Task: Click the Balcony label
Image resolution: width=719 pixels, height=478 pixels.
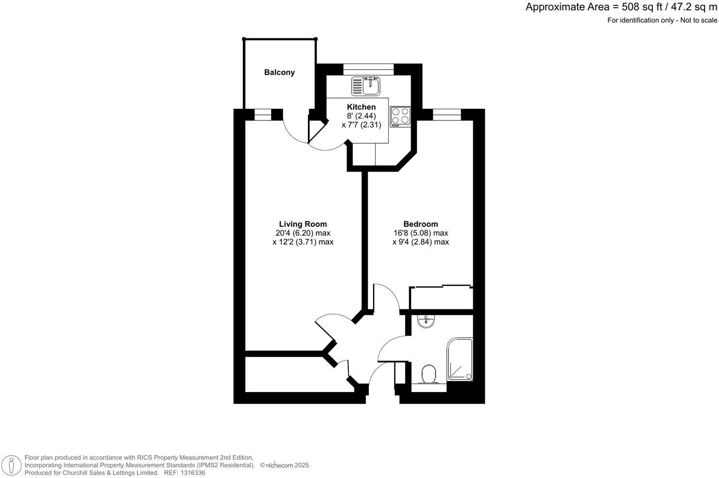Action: click(279, 72)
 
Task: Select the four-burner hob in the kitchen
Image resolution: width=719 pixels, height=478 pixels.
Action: click(401, 116)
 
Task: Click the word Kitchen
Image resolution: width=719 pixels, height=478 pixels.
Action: click(361, 107)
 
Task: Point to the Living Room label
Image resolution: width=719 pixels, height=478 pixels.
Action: click(302, 224)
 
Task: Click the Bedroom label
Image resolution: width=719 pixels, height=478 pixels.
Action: click(421, 224)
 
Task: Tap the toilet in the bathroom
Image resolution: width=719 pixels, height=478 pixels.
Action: click(428, 374)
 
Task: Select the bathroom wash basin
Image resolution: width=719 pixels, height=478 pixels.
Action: click(426, 321)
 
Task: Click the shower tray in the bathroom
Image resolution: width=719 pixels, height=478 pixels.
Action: click(460, 359)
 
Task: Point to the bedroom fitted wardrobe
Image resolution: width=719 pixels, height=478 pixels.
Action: click(441, 298)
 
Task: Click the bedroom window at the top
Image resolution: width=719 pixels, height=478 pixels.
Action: click(446, 114)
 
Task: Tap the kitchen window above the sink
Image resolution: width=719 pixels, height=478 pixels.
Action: click(368, 69)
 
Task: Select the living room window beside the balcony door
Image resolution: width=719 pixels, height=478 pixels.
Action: click(262, 114)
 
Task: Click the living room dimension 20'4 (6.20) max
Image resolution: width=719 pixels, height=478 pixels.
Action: click(303, 233)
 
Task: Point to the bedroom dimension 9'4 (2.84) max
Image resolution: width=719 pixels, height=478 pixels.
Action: click(421, 242)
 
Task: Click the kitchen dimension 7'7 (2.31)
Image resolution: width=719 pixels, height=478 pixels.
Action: click(361, 125)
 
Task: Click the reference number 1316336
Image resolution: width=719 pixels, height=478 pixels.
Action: click(191, 473)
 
